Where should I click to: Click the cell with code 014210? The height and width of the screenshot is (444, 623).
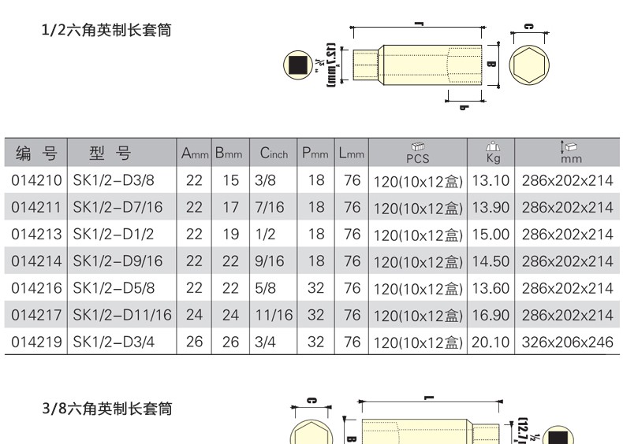click(x=36, y=180)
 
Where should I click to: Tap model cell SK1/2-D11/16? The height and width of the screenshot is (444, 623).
click(x=121, y=315)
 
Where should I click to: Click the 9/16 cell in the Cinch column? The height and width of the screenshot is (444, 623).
click(x=270, y=261)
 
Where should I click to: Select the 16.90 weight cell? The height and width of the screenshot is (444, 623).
click(x=490, y=315)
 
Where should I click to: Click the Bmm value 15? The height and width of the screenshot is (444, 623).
click(x=230, y=180)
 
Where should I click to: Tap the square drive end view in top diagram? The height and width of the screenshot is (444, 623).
click(x=298, y=65)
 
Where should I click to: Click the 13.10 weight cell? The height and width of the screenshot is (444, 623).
click(x=490, y=180)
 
